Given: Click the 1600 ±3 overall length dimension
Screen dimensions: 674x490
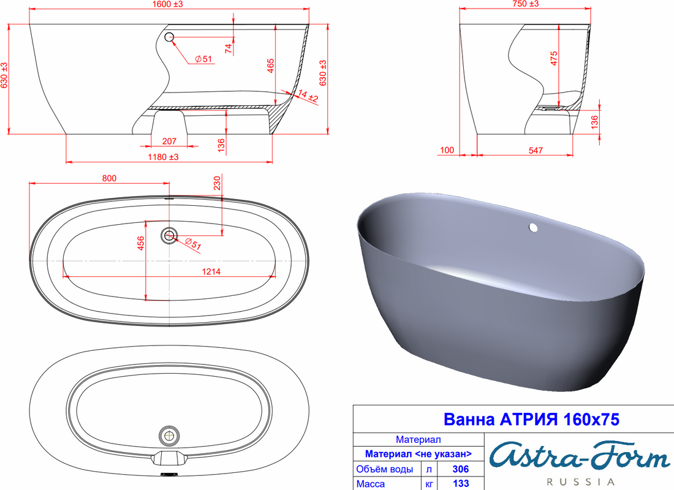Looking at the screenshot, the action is [x=167, y=4].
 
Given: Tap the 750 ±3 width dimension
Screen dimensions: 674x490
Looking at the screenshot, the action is [x=525, y=4].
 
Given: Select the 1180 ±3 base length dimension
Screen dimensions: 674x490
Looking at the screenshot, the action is [x=163, y=157].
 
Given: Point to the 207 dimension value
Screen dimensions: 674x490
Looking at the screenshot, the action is [x=169, y=141].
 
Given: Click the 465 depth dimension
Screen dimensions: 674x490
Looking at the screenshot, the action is [x=270, y=66].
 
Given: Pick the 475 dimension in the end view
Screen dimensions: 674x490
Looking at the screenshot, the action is [x=554, y=58].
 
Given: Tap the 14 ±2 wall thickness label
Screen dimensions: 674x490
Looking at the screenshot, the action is [x=308, y=96].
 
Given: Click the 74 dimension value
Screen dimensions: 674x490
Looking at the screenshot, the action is [x=229, y=48].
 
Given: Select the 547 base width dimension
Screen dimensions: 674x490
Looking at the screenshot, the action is [x=536, y=151].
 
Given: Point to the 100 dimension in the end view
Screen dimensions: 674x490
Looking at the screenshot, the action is [x=447, y=150].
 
